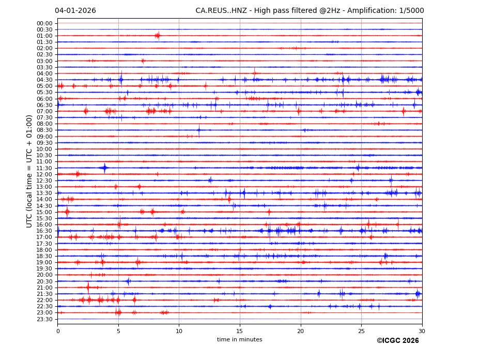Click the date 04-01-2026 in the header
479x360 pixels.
[75, 11]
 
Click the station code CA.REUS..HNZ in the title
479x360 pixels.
[220, 11]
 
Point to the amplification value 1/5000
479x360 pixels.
[412, 11]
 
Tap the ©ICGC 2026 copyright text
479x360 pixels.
[397, 341]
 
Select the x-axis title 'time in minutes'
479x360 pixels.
[239, 340]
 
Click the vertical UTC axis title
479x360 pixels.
[29, 171]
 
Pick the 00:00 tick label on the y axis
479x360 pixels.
[44, 23]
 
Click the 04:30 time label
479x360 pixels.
[44, 80]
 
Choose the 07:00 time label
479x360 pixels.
[44, 111]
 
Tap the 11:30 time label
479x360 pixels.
[44, 168]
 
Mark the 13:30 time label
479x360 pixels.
[44, 193]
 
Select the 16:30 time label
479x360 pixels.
[44, 231]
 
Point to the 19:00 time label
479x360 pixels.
[44, 262]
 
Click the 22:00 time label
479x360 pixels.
[44, 300]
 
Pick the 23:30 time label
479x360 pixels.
[44, 319]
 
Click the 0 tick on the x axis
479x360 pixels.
[58, 331]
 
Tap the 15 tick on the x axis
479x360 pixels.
[240, 331]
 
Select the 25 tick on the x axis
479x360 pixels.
[361, 331]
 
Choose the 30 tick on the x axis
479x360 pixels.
[422, 331]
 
